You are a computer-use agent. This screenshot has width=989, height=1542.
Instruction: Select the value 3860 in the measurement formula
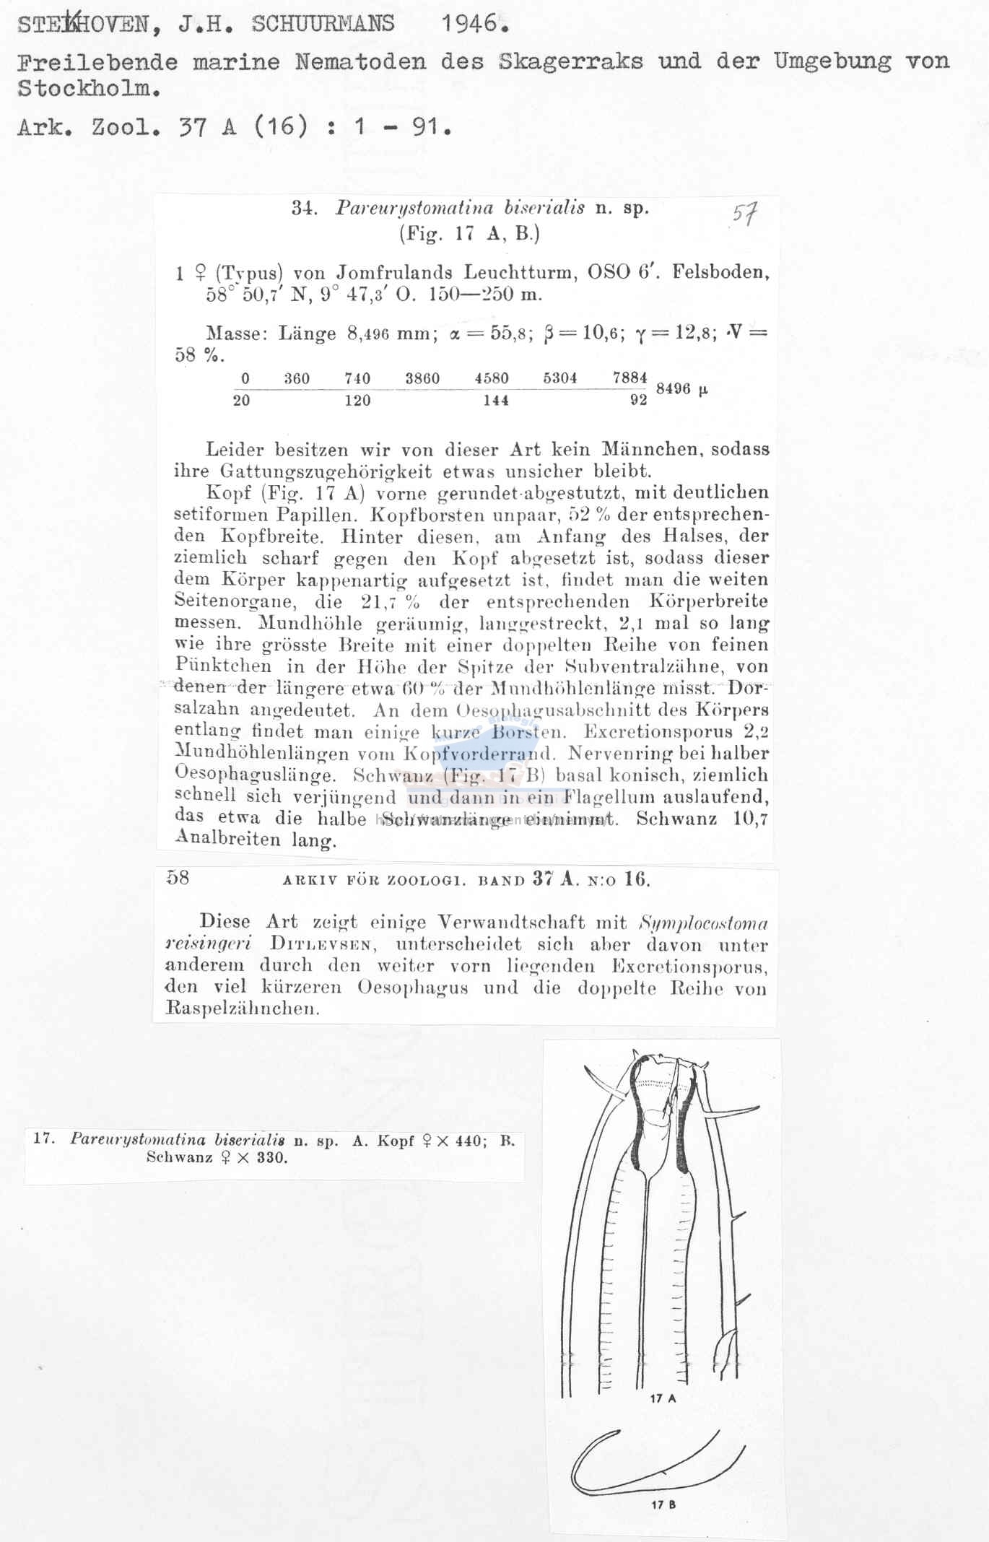click(422, 378)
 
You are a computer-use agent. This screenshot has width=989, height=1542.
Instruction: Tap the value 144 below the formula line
click(496, 400)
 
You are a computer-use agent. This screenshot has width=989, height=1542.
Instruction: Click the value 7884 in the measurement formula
click(629, 378)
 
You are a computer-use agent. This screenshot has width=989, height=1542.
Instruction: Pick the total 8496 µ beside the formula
click(681, 388)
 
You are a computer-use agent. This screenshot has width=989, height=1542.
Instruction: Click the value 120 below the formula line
click(357, 400)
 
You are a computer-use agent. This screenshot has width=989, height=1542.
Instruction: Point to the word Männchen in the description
click(651, 449)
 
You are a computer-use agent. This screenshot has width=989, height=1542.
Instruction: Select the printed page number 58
click(178, 877)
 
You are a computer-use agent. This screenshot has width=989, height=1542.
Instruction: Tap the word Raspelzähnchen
click(242, 1009)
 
